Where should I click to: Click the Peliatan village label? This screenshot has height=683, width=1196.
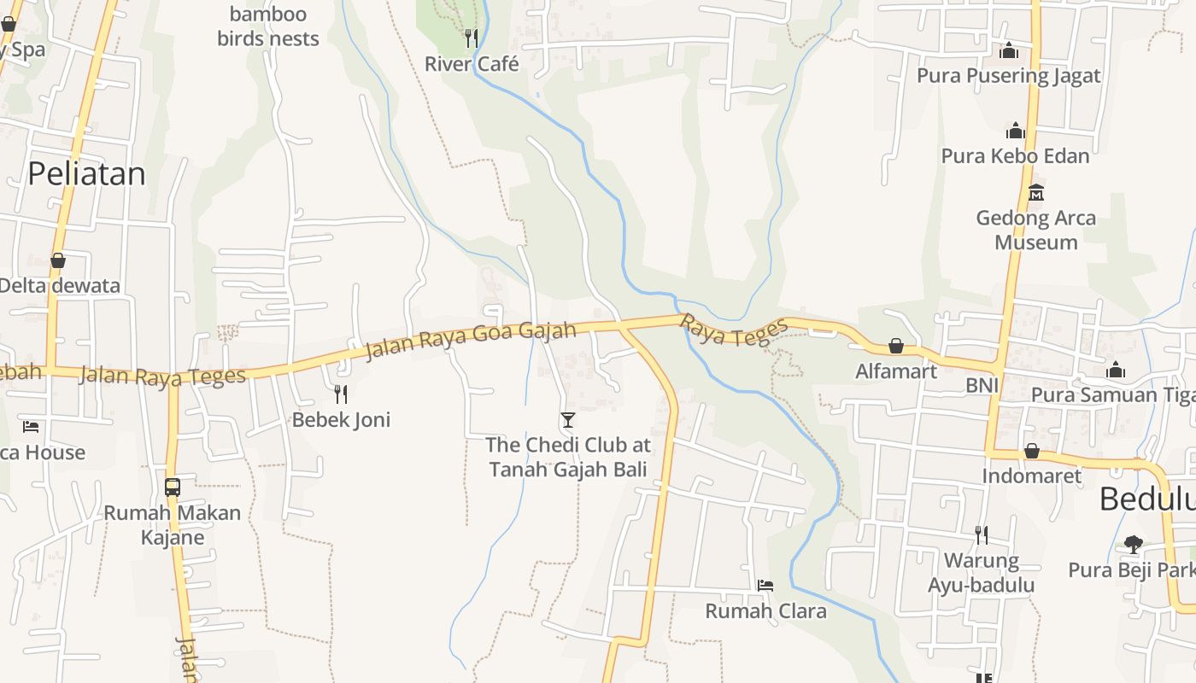(86, 174)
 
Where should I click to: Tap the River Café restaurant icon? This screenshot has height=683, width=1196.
(471, 38)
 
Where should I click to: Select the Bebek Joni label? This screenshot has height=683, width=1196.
(341, 419)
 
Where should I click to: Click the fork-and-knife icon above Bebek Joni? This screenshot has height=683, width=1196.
(341, 394)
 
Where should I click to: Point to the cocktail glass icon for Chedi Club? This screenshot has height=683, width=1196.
(567, 419)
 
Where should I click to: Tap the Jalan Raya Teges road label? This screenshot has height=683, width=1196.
(162, 375)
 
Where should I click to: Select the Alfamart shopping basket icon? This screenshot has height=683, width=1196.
(895, 346)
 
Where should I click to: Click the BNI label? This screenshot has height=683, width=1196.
(982, 385)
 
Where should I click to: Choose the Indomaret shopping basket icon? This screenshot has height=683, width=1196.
(1031, 451)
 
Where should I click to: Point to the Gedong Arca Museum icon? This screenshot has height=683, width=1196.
(1036, 192)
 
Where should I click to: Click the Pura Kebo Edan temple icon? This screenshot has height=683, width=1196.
(1015, 131)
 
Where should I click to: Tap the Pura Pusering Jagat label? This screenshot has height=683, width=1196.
(1008, 76)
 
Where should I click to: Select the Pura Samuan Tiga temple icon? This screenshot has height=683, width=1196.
(1115, 370)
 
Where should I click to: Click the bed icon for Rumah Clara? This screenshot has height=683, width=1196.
(765, 586)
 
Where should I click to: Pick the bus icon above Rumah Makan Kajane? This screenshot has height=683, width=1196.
(172, 487)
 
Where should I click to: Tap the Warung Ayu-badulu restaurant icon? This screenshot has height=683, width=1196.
(981, 535)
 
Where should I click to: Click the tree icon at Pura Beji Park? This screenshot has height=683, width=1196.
(1133, 544)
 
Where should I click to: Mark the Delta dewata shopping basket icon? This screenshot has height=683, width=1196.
(58, 260)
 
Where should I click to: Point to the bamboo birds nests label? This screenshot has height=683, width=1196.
(268, 26)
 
